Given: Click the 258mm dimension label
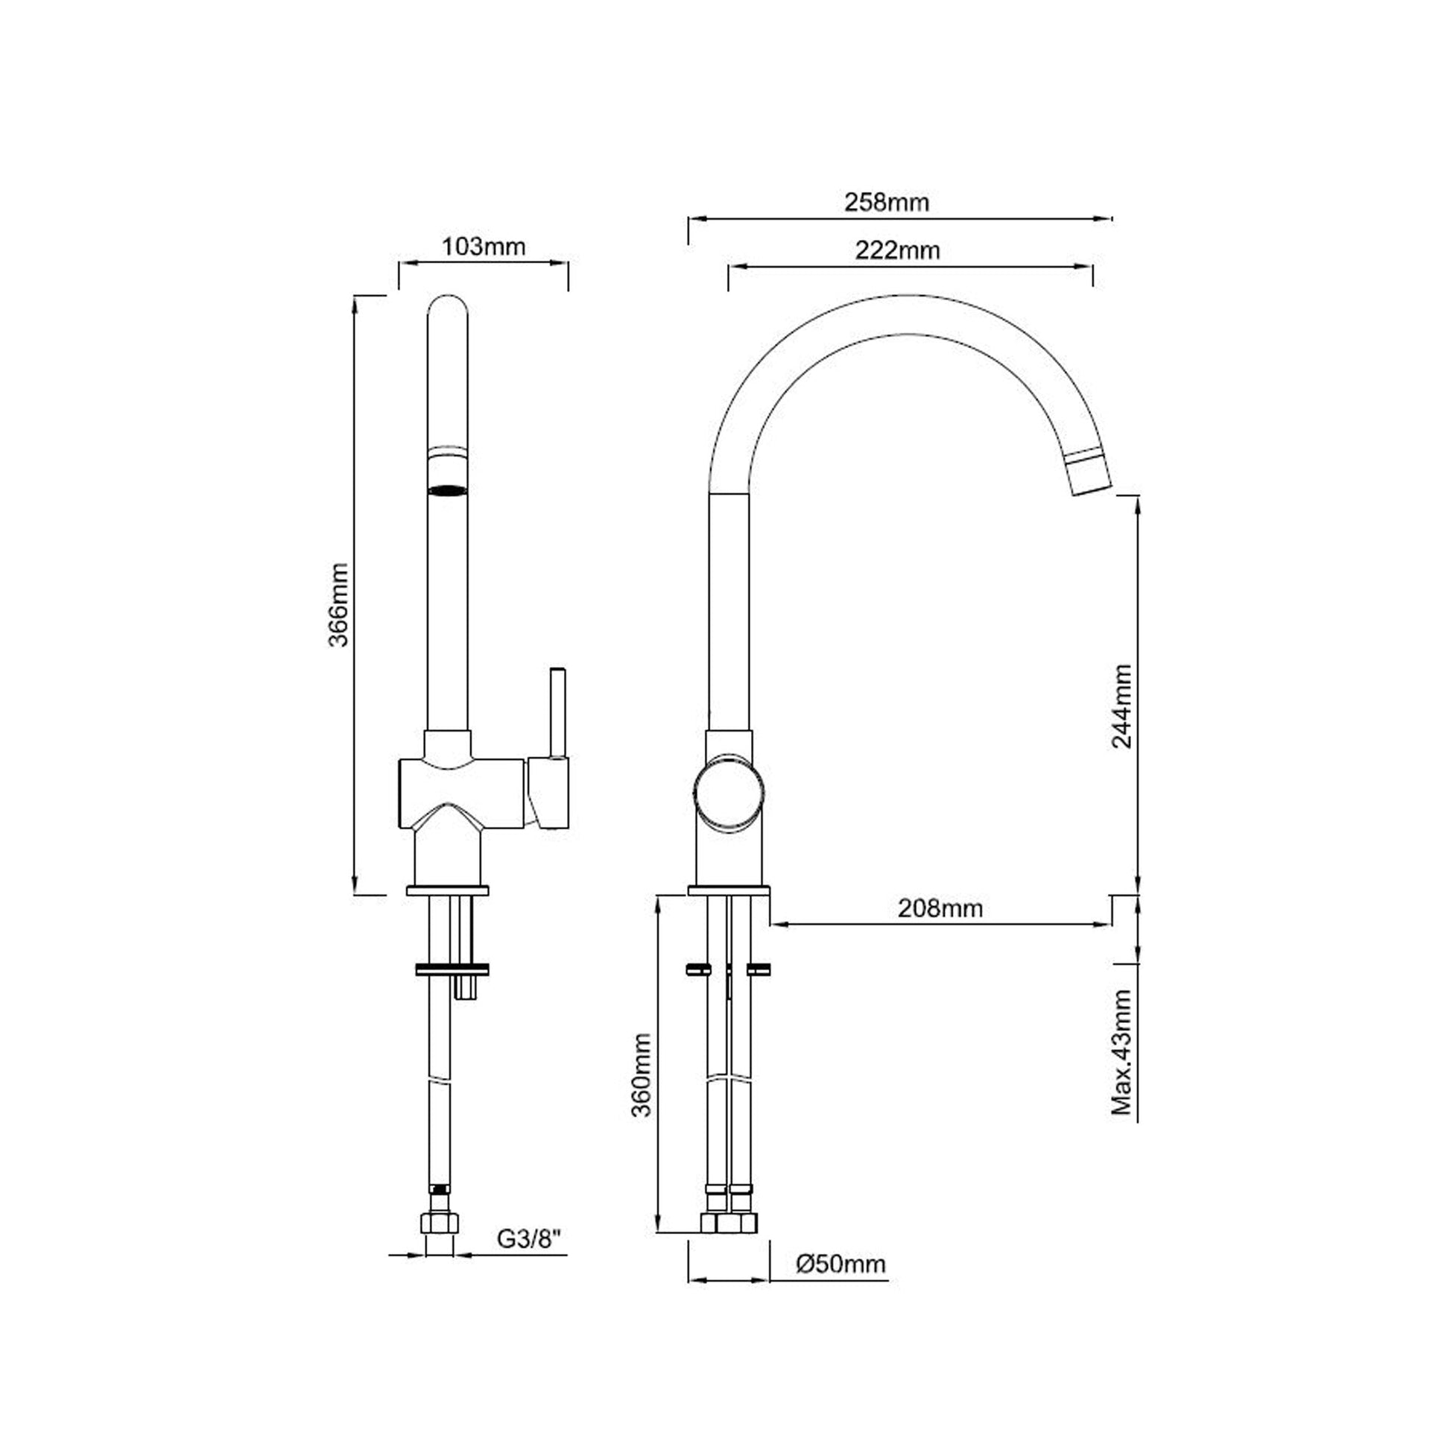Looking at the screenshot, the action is pyautogui.click(x=887, y=203).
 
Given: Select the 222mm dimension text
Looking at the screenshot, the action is pyautogui.click(x=897, y=250).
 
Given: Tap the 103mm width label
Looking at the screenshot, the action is pyautogui.click(x=483, y=246).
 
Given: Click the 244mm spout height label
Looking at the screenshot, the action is pyautogui.click(x=1122, y=706).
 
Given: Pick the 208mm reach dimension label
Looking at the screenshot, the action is pyautogui.click(x=940, y=908).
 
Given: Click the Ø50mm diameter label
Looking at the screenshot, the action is pyautogui.click(x=840, y=1264).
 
